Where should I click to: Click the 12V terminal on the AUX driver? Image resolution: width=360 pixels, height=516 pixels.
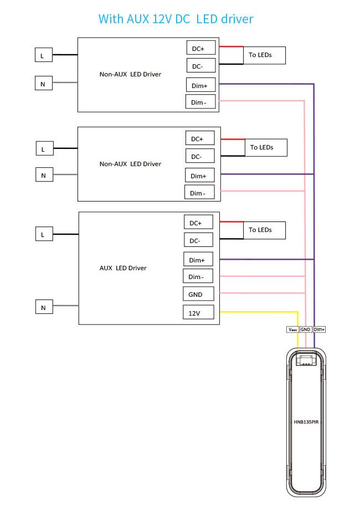pyautogui.click(x=198, y=312)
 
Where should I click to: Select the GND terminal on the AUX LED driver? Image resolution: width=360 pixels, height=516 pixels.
pyautogui.click(x=198, y=294)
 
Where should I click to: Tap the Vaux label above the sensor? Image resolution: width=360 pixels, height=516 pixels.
pyautogui.click(x=292, y=329)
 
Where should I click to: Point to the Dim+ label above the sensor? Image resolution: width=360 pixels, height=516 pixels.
pyautogui.click(x=319, y=329)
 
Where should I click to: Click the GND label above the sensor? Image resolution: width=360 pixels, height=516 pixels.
pyautogui.click(x=306, y=329)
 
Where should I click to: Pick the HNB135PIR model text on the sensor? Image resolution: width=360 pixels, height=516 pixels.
pyautogui.click(x=306, y=422)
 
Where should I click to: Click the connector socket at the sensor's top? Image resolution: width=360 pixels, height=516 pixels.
pyautogui.click(x=306, y=358)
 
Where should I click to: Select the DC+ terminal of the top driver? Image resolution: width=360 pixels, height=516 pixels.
pyautogui.click(x=201, y=48)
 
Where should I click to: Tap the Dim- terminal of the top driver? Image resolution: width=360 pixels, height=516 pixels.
pyautogui.click(x=200, y=102)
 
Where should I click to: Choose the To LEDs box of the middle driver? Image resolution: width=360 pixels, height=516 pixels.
pyautogui.click(x=266, y=147)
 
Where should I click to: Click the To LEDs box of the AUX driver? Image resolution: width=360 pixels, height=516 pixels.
pyautogui.click(x=265, y=230)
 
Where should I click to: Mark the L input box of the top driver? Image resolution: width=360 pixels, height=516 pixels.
pyautogui.click(x=44, y=55)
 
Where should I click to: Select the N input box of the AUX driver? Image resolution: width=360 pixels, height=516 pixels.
pyautogui.click(x=44, y=307)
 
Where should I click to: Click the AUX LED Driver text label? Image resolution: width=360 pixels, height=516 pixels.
pyautogui.click(x=123, y=268)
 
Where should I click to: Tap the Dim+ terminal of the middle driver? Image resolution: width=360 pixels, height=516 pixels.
pyautogui.click(x=200, y=175)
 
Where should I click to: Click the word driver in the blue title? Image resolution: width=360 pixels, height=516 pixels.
pyautogui.click(x=237, y=19)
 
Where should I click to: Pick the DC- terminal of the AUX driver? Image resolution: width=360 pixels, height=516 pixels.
pyautogui.click(x=198, y=240)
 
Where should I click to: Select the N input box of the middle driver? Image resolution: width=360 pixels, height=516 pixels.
pyautogui.click(x=44, y=175)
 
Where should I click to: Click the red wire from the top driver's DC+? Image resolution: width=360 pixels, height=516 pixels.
pyautogui.click(x=232, y=47)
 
